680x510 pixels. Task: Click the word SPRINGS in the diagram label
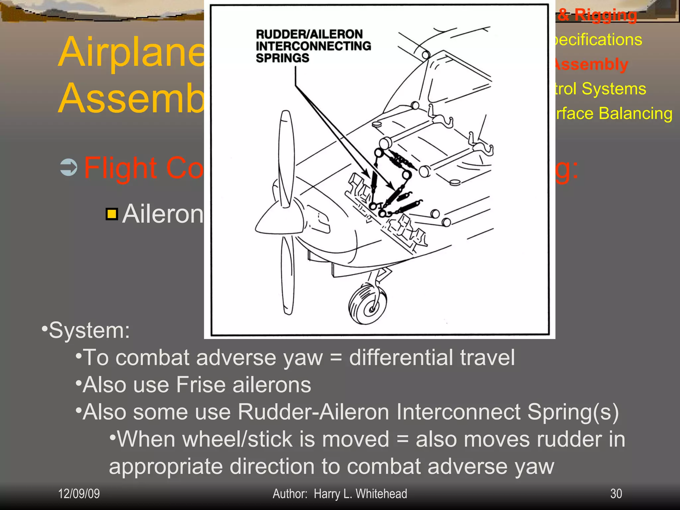pyautogui.click(x=282, y=58)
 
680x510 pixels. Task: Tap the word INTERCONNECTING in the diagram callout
pyautogui.click(x=313, y=46)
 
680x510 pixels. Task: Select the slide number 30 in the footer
pyautogui.click(x=616, y=494)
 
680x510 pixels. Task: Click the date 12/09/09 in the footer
pyautogui.click(x=79, y=494)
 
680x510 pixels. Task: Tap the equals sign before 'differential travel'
pyautogui.click(x=336, y=358)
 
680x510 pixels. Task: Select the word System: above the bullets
pyautogui.click(x=89, y=331)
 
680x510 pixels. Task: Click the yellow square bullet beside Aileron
pyautogui.click(x=112, y=214)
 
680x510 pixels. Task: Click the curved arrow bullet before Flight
pyautogui.click(x=69, y=167)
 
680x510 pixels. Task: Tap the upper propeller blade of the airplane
pyautogui.click(x=287, y=156)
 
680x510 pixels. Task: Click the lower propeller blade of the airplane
pyautogui.click(x=288, y=276)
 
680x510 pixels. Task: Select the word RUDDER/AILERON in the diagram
pyautogui.click(x=309, y=34)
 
